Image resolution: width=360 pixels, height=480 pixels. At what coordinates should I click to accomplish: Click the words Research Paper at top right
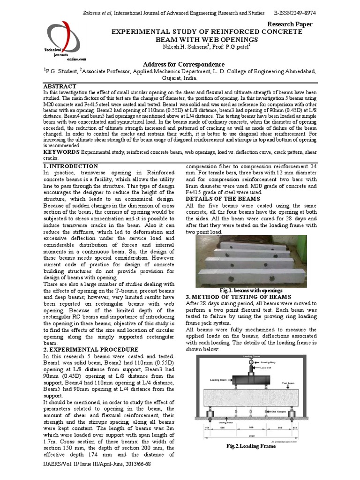tap(290, 24)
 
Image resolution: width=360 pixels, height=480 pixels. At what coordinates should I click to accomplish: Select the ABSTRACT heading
tap(60, 87)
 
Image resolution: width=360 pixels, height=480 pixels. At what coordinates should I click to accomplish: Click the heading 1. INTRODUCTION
tap(70, 166)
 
